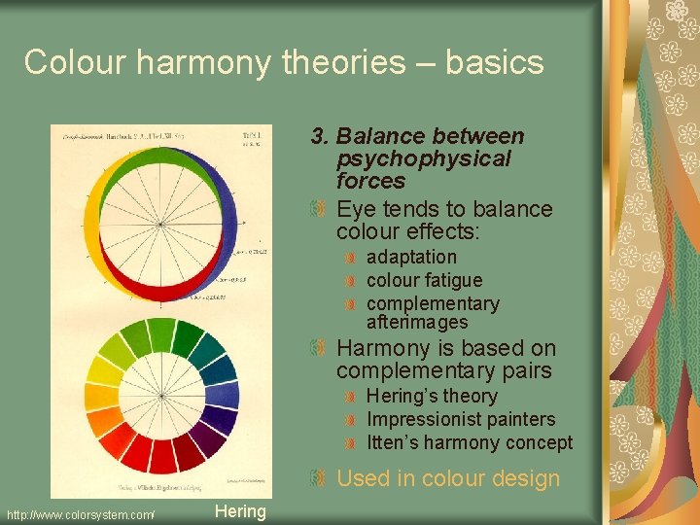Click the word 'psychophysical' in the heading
(x=423, y=158)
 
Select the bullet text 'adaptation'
(x=411, y=257)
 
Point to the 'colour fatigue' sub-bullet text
(x=424, y=280)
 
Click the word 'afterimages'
(x=417, y=322)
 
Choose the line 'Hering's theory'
(x=432, y=396)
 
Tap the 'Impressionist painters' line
(x=461, y=419)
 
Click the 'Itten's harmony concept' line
(x=470, y=442)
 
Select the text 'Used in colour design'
(x=448, y=478)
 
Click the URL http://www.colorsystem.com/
(x=81, y=513)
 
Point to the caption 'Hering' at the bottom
(x=239, y=511)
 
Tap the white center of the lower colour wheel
(x=161, y=395)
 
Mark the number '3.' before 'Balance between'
(x=320, y=136)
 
